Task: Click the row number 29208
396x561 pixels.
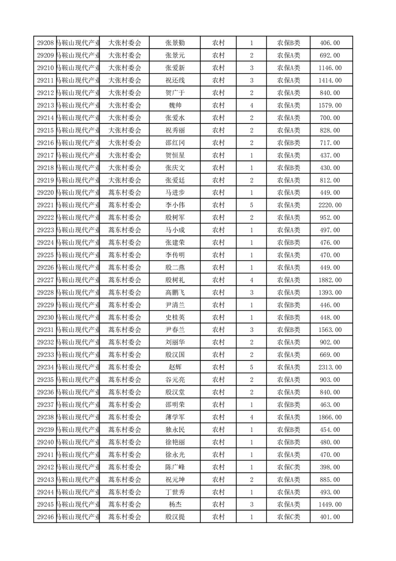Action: click(45, 43)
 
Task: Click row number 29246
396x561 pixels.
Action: click(45, 517)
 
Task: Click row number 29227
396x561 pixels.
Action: click(45, 280)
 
